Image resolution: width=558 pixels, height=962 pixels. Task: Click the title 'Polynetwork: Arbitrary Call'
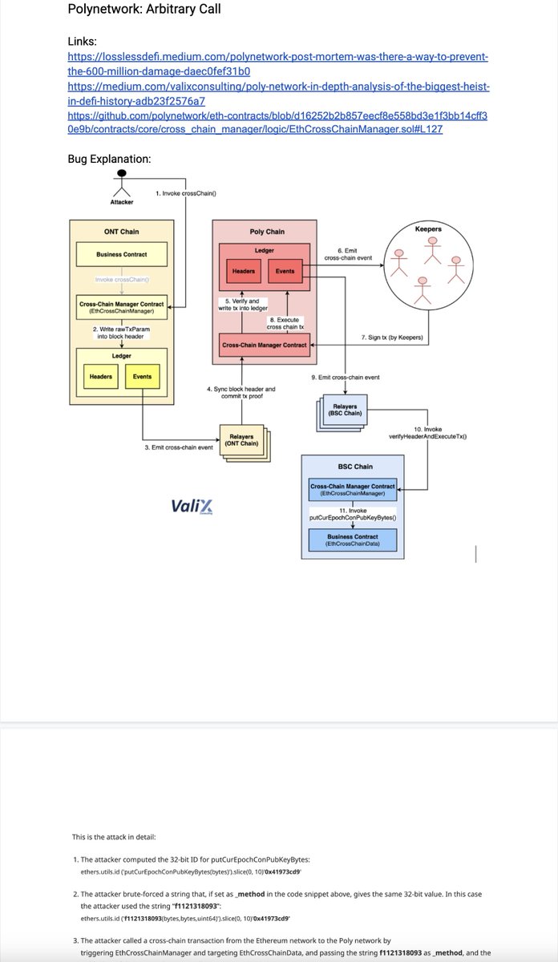click(x=144, y=10)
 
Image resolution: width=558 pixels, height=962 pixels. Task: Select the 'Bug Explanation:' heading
click(x=109, y=159)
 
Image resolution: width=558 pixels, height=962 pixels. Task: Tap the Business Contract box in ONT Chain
click(x=121, y=255)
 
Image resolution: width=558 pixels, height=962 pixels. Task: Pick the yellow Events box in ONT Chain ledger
click(x=142, y=376)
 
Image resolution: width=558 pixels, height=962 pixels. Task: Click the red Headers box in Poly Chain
click(x=243, y=271)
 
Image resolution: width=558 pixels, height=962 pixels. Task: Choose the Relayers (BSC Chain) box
click(x=345, y=410)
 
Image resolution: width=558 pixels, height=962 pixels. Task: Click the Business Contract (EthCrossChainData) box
click(x=353, y=540)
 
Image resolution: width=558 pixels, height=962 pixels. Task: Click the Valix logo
click(x=192, y=507)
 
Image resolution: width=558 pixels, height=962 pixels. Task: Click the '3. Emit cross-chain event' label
click(x=179, y=447)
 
